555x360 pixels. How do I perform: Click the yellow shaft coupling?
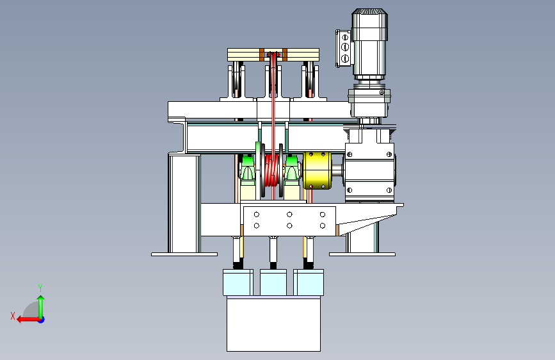tap(318, 170)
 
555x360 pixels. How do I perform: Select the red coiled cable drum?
tap(272, 170)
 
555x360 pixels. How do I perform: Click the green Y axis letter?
tap(40, 288)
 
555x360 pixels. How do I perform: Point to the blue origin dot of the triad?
tap(42, 320)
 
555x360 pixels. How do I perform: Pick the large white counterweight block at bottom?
tap(273, 324)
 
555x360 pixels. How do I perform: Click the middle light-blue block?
tap(273, 282)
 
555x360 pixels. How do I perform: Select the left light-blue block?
tap(238, 282)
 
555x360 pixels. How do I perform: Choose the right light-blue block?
tap(309, 282)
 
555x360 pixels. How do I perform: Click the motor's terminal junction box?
tap(344, 48)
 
